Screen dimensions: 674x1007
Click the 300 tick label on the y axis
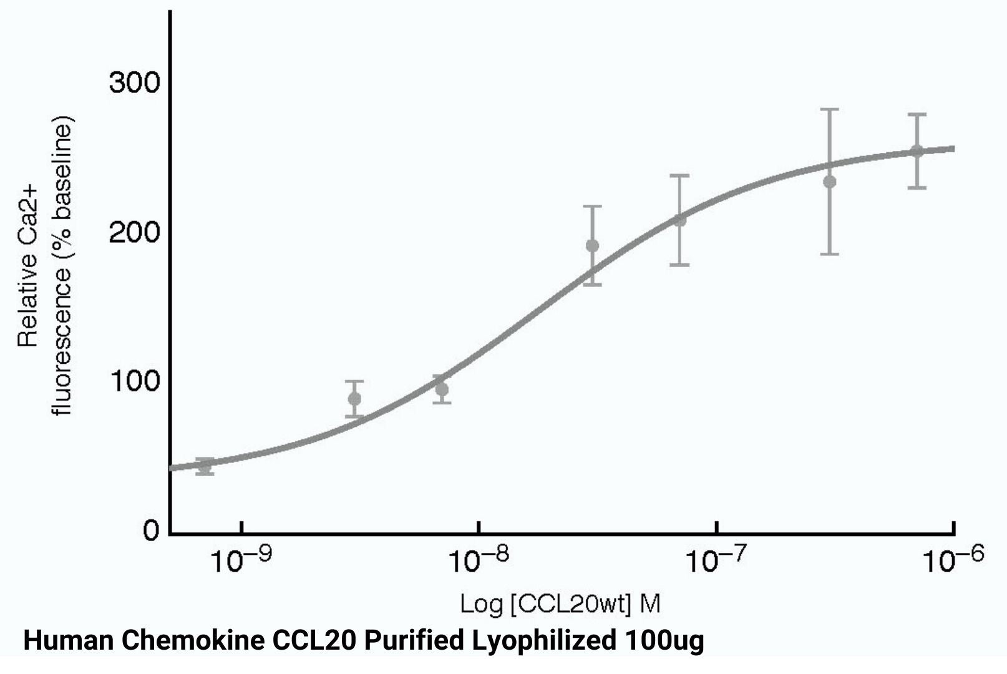coord(134,83)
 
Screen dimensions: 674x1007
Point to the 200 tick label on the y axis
coord(134,233)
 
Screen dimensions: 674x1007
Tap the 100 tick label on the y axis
coord(134,381)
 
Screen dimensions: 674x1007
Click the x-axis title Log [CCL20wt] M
coord(560,603)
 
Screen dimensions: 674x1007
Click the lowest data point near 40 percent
coord(205,465)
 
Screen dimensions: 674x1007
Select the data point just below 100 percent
coord(442,389)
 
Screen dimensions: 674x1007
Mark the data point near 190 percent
coord(592,245)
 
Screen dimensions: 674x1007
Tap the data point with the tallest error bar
coord(829,182)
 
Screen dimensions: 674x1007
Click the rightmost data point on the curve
coord(917,151)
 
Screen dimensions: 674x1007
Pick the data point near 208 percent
coord(679,220)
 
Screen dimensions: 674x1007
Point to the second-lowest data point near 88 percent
coord(354,399)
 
